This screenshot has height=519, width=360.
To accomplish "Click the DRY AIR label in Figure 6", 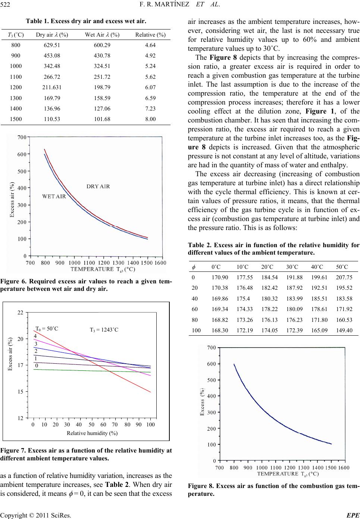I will pyautogui.click(x=98, y=186).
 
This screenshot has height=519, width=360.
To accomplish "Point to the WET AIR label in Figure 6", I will pyautogui.click(x=54, y=196).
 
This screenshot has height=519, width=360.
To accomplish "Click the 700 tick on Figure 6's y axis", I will pyautogui.click(x=22, y=138).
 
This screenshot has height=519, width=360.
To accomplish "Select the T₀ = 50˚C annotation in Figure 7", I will pyautogui.click(x=47, y=329).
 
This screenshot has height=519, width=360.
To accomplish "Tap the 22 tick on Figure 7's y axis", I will pyautogui.click(x=21, y=312).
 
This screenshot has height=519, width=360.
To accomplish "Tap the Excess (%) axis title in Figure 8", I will pyautogui.click(x=202, y=403).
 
